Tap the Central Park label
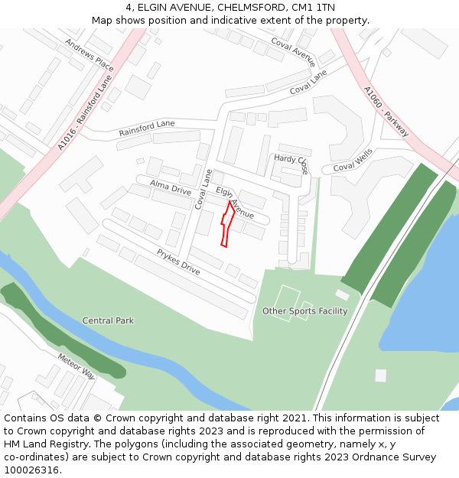point(108,320)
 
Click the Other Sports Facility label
point(304,311)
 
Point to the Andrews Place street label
point(89,56)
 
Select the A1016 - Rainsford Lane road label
point(84,112)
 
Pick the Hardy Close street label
point(291,164)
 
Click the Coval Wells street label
point(352,161)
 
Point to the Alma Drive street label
point(170,187)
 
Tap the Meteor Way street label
point(76,366)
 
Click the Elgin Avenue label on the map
point(235,203)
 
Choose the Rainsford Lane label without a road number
point(146,128)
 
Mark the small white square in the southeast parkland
point(380,376)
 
